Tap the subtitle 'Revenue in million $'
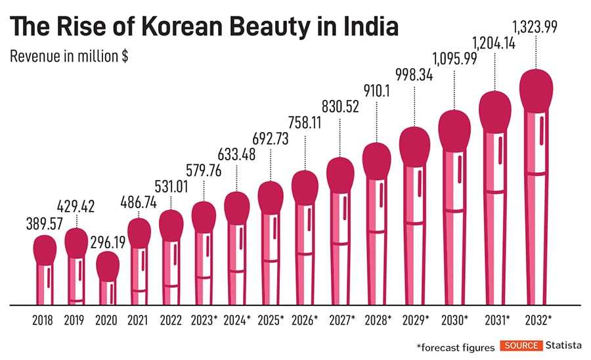(68, 56)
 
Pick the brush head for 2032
(535, 89)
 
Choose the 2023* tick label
(204, 321)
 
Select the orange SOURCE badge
(521, 346)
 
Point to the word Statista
(563, 346)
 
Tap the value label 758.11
(304, 122)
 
